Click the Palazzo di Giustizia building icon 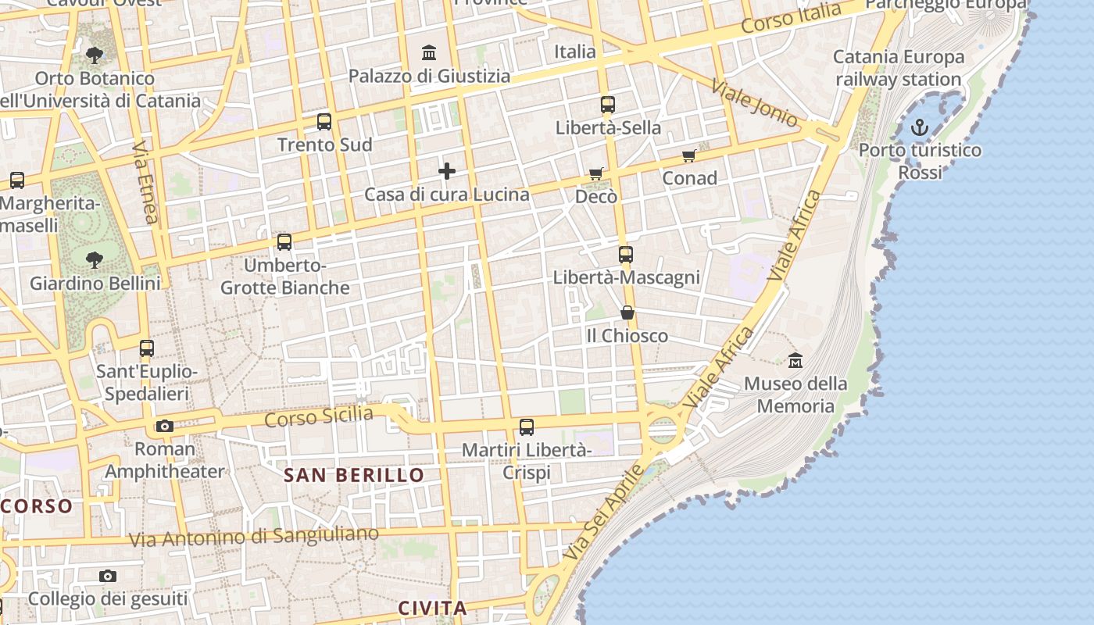tap(429, 53)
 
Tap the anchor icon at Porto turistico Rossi tap(920, 127)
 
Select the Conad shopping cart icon tap(688, 156)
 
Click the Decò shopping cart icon tap(596, 173)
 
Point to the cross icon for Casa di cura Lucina tap(447, 171)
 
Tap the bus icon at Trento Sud tap(324, 122)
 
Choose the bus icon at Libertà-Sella tap(608, 105)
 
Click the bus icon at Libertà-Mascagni tap(626, 255)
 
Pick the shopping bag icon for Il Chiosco tap(627, 313)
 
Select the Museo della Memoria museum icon tap(795, 361)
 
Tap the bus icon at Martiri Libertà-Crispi tap(527, 427)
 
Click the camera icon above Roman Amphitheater tap(164, 427)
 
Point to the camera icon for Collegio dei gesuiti tap(108, 577)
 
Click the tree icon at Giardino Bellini tap(95, 259)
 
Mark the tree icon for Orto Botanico tap(95, 55)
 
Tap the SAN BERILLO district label tap(354, 475)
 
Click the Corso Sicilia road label tap(319, 416)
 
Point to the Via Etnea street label tap(145, 182)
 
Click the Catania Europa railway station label tap(899, 68)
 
